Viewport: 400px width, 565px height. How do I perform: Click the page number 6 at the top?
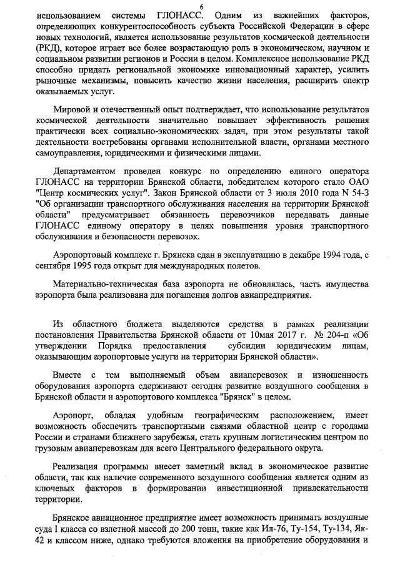click(201, 6)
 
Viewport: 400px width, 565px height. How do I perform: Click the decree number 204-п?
click(335, 336)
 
